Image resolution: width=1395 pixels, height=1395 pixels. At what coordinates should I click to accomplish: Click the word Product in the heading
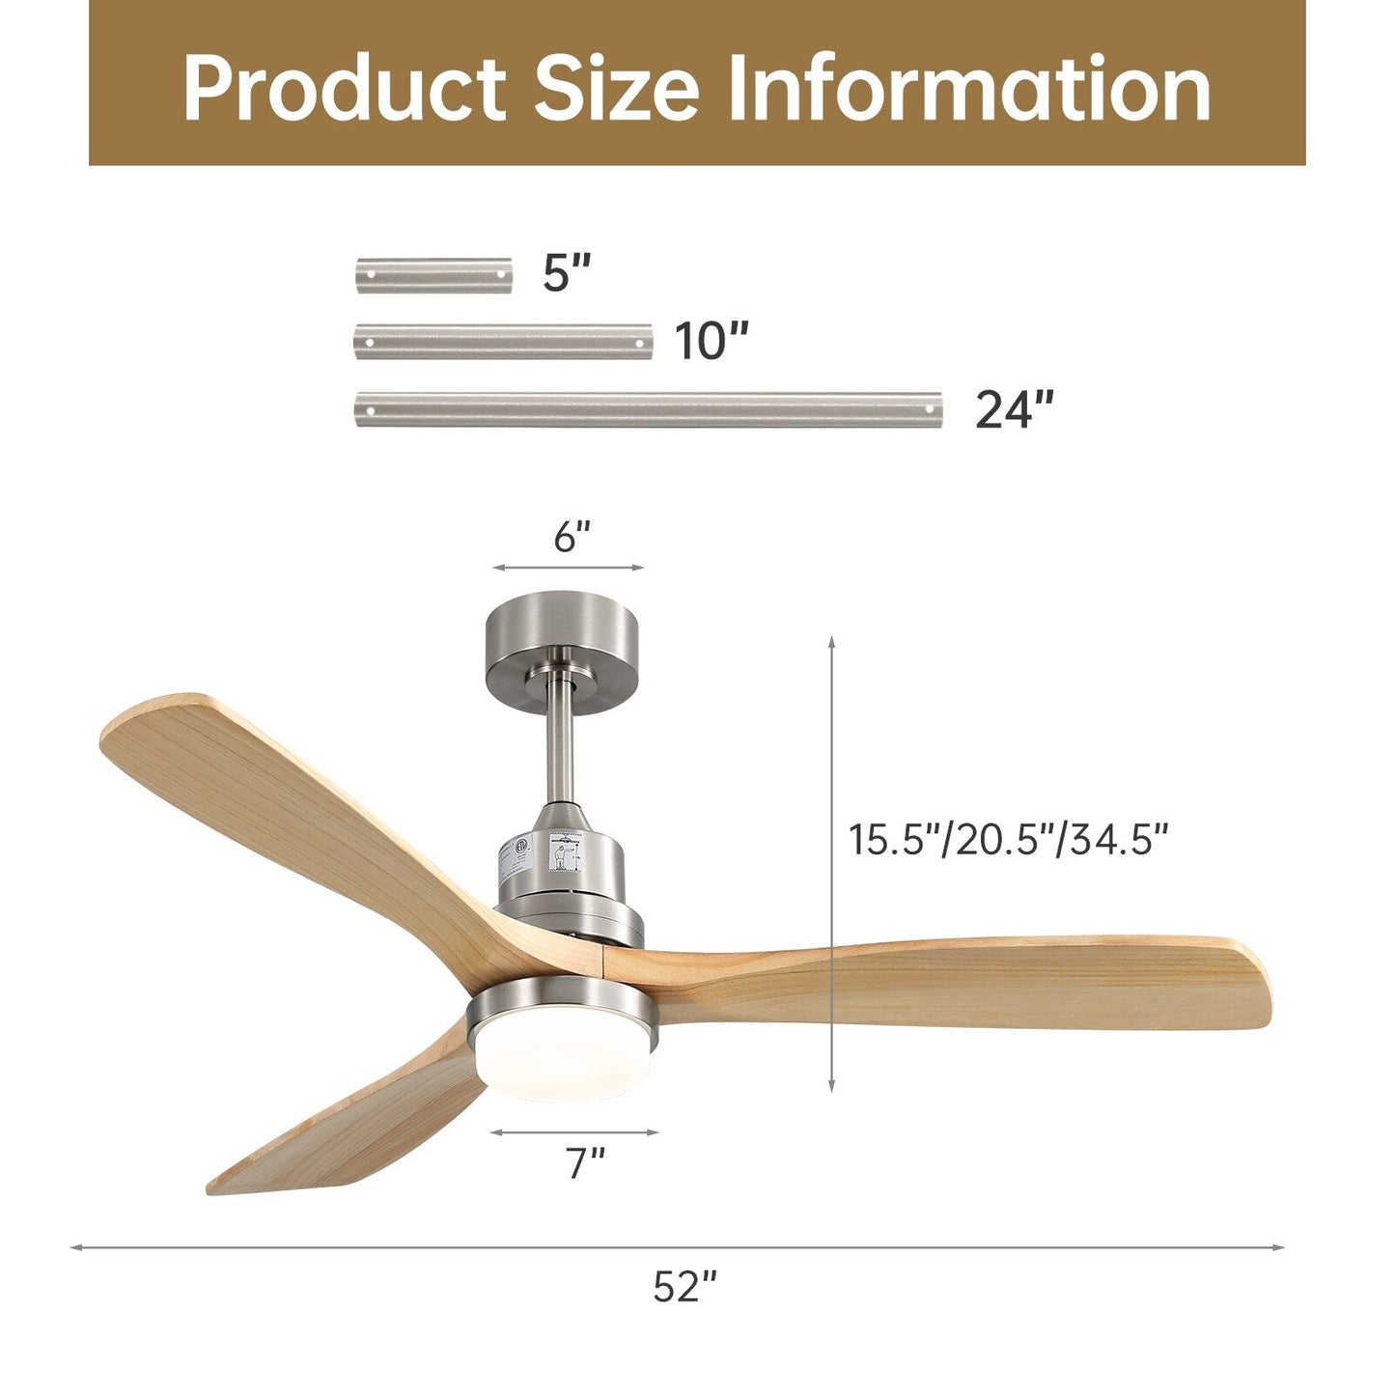coord(343,89)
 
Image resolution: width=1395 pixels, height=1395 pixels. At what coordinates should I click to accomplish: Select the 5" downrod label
coord(566,273)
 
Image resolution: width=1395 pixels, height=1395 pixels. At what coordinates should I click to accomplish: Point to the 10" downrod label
coord(711,341)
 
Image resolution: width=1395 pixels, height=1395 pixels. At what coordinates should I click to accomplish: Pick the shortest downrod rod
coord(433,275)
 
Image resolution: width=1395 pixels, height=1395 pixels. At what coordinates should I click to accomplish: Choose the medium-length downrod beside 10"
coord(503,342)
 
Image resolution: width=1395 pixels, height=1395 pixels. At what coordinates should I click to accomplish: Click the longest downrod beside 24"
coord(648,409)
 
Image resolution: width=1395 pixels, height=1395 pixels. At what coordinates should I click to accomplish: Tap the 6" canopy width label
coord(572,537)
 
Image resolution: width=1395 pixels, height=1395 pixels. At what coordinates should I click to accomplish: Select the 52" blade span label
coord(684,1286)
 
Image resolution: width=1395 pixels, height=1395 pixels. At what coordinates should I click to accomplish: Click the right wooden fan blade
coord(965,985)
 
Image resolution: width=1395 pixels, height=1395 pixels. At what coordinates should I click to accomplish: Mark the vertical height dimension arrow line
coord(832,864)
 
